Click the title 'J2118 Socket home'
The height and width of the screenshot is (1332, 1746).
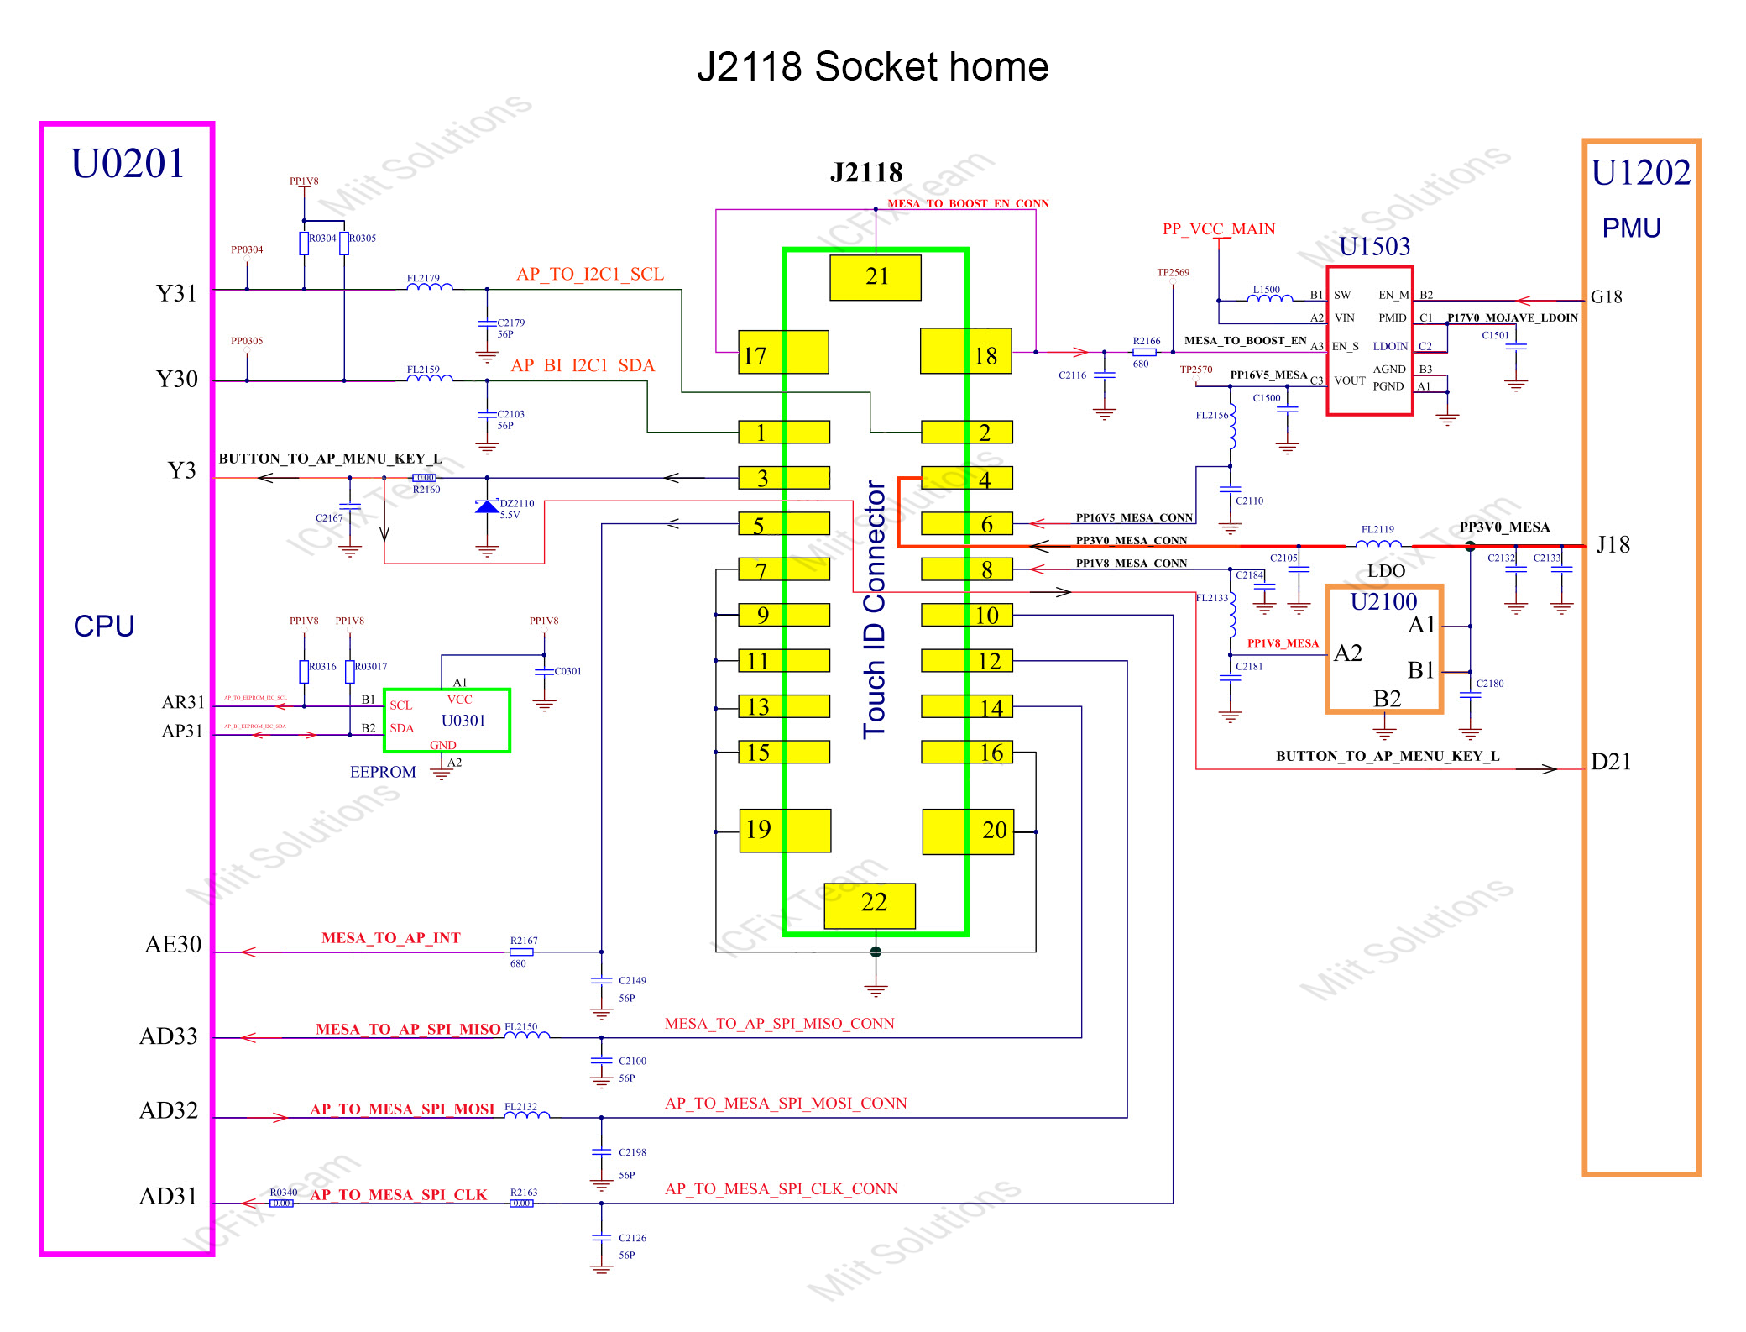click(x=872, y=67)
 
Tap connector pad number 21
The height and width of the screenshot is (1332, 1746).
click(x=876, y=277)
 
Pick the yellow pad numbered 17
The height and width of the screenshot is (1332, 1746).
click(x=782, y=353)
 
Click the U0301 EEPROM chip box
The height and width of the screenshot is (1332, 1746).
click(x=447, y=721)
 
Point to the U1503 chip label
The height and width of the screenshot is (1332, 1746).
click(x=1374, y=246)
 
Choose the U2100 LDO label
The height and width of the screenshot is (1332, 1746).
click(x=1383, y=601)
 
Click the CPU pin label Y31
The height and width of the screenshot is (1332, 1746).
click(x=176, y=294)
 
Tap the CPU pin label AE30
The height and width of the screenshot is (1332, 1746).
click(x=173, y=945)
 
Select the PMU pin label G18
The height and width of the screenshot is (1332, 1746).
click(x=1606, y=296)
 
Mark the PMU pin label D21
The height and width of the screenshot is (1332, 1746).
click(x=1611, y=762)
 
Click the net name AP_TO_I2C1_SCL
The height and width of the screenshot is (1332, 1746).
click(x=589, y=274)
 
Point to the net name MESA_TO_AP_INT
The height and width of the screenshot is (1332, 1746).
click(x=390, y=938)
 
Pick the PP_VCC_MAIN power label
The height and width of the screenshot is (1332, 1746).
click(x=1218, y=229)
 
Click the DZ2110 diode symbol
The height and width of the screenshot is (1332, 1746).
click(x=487, y=506)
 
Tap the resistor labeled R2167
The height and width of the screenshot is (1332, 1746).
click(x=521, y=952)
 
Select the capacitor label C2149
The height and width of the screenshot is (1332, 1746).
click(x=632, y=980)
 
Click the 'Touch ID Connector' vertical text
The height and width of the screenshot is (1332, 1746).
click(x=875, y=609)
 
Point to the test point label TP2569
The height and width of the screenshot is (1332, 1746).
click(x=1173, y=272)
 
